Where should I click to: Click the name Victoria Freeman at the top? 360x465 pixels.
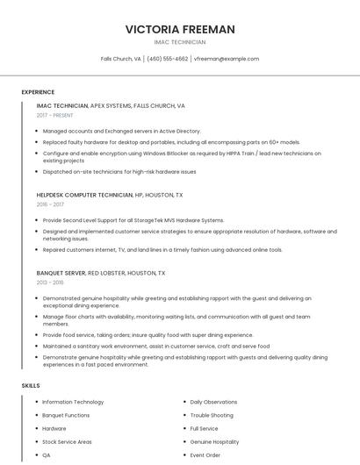tap(180, 29)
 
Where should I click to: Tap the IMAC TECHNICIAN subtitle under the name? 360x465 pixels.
tap(180, 42)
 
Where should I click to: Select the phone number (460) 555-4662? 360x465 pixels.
tap(168, 59)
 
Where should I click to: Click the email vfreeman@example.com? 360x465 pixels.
tap(227, 59)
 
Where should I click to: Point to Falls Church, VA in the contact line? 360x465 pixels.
tap(121, 59)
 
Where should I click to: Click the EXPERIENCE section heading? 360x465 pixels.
tap(38, 92)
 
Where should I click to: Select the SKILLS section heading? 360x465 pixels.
tap(31, 385)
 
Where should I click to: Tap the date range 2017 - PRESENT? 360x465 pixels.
tap(56, 115)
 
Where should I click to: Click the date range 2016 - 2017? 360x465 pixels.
tap(50, 204)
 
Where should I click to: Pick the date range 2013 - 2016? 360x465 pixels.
tap(50, 283)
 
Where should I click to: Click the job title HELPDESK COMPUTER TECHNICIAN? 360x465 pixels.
tap(84, 195)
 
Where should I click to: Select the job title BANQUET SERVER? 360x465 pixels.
tap(61, 273)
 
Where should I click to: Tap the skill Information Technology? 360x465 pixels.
tap(73, 402)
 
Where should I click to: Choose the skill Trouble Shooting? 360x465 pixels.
tap(212, 415)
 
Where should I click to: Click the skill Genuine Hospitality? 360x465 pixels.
tap(214, 442)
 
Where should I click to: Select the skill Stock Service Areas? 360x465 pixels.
tap(67, 442)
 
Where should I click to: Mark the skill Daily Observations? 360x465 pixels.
tap(214, 402)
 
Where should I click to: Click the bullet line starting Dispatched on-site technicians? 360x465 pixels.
tap(119, 171)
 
